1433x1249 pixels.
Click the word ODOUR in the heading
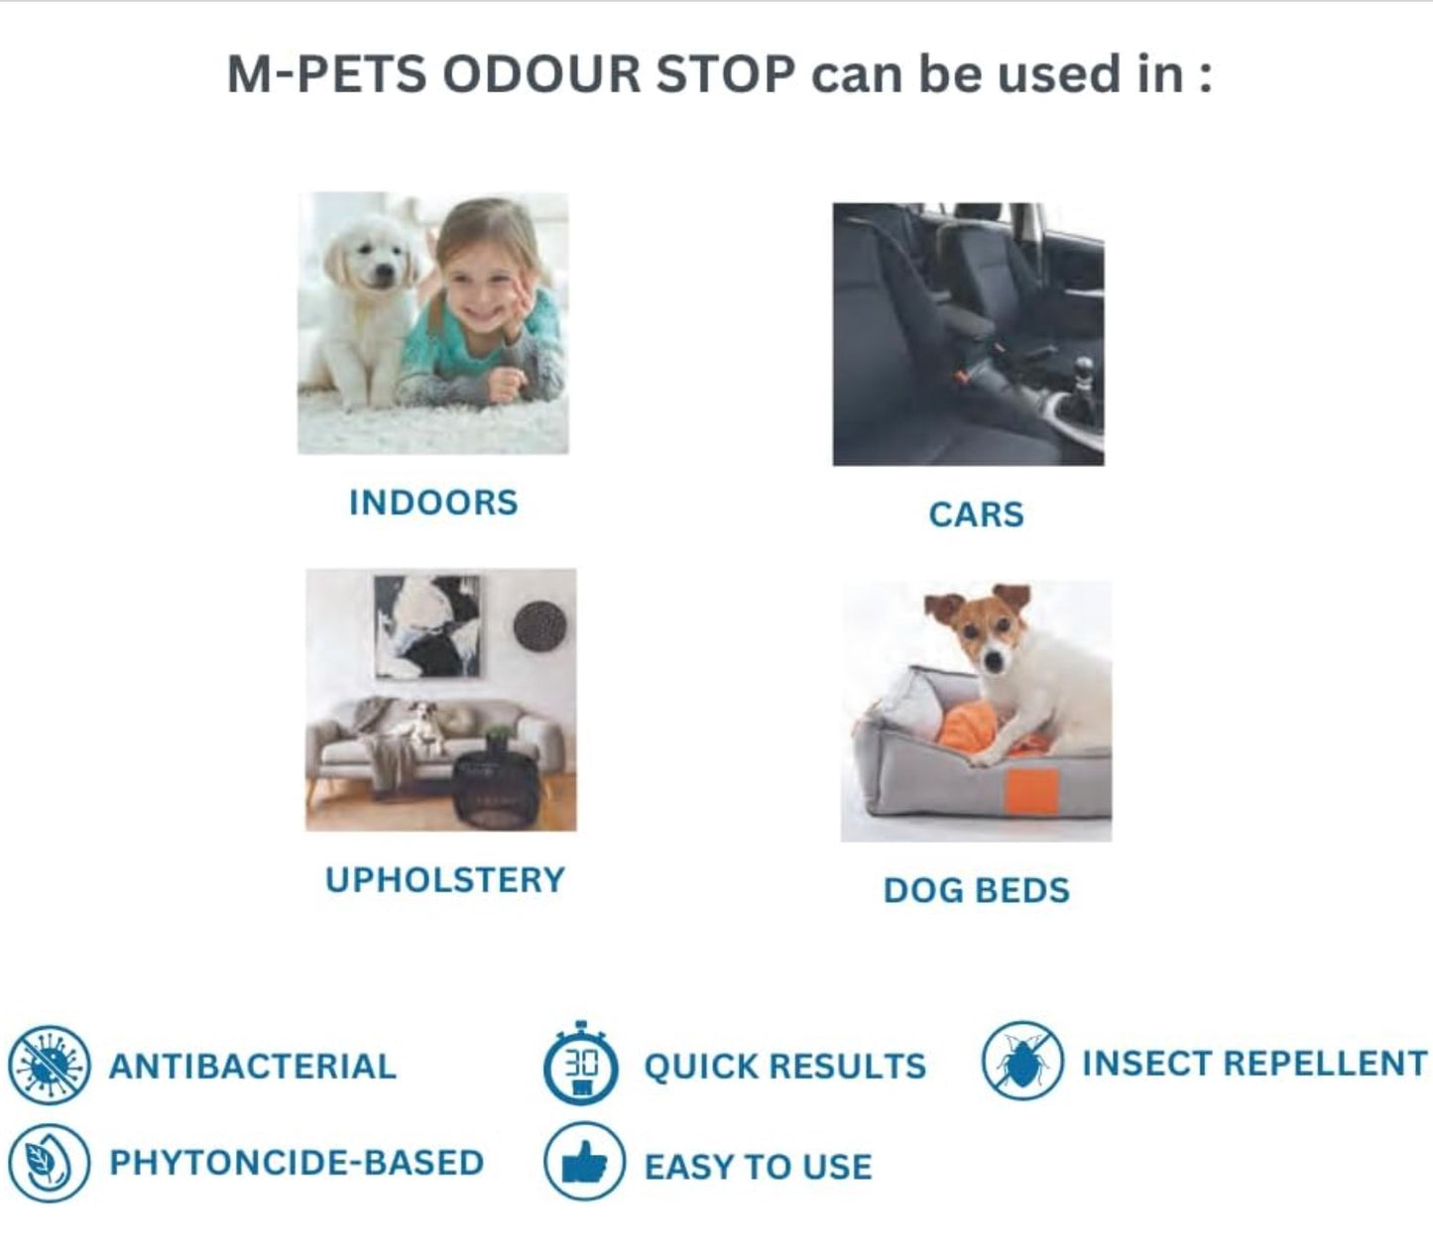pyautogui.click(x=540, y=75)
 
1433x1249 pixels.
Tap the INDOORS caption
pyautogui.click(x=433, y=503)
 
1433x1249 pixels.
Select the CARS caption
pyautogui.click(x=976, y=514)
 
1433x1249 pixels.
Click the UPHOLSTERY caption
pyautogui.click(x=445, y=880)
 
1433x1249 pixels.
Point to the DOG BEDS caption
pyautogui.click(x=976, y=890)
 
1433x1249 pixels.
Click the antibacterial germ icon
pyautogui.click(x=50, y=1065)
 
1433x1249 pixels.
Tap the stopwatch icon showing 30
pyautogui.click(x=581, y=1065)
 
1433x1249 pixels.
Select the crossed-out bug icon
pyautogui.click(x=1021, y=1061)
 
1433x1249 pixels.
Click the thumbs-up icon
pyautogui.click(x=584, y=1162)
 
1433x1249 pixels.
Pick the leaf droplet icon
pyautogui.click(x=50, y=1162)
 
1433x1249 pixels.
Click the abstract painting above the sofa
pyautogui.click(x=427, y=626)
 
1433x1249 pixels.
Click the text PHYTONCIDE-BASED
pyautogui.click(x=297, y=1163)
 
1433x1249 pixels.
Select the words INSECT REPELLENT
pyautogui.click(x=1254, y=1064)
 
